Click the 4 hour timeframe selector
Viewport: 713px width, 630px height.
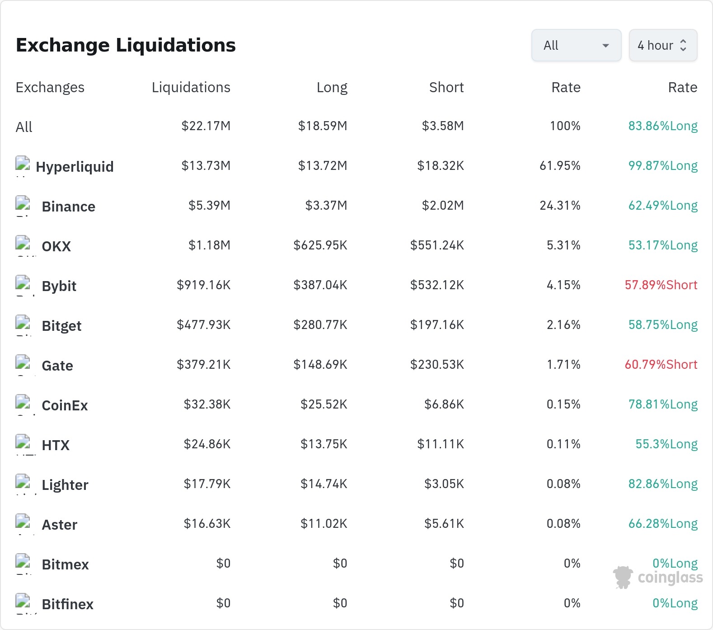[663, 45]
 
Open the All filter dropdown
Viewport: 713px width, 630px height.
[576, 45]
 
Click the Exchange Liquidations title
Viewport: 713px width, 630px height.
[126, 45]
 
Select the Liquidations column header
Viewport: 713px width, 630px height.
[191, 87]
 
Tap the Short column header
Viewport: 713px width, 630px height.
[446, 87]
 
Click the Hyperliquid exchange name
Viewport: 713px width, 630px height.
[75, 167]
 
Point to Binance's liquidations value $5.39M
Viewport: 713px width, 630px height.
[210, 206]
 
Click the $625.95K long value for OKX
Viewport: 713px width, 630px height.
[320, 245]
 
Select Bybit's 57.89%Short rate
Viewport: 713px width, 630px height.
[661, 285]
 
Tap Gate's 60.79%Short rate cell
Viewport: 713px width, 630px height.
[661, 365]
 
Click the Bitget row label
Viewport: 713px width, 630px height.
[61, 326]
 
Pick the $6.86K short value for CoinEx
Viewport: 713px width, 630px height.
[444, 404]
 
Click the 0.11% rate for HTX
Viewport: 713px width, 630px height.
[563, 444]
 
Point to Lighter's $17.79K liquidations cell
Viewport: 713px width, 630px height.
[207, 484]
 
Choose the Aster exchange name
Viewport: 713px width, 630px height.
[60, 525]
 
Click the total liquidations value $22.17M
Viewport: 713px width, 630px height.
[206, 126]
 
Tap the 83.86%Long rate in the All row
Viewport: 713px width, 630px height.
[663, 126]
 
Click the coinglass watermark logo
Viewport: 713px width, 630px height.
[658, 577]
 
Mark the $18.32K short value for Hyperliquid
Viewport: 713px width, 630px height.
[441, 166]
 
